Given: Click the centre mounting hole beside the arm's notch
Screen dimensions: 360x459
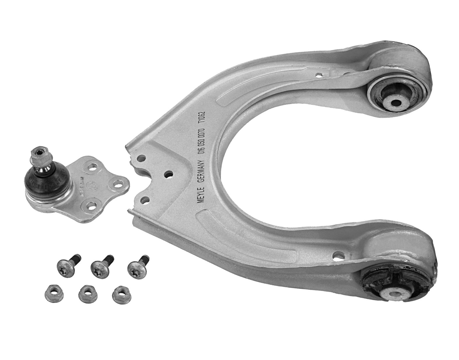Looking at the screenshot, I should click(x=168, y=174).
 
